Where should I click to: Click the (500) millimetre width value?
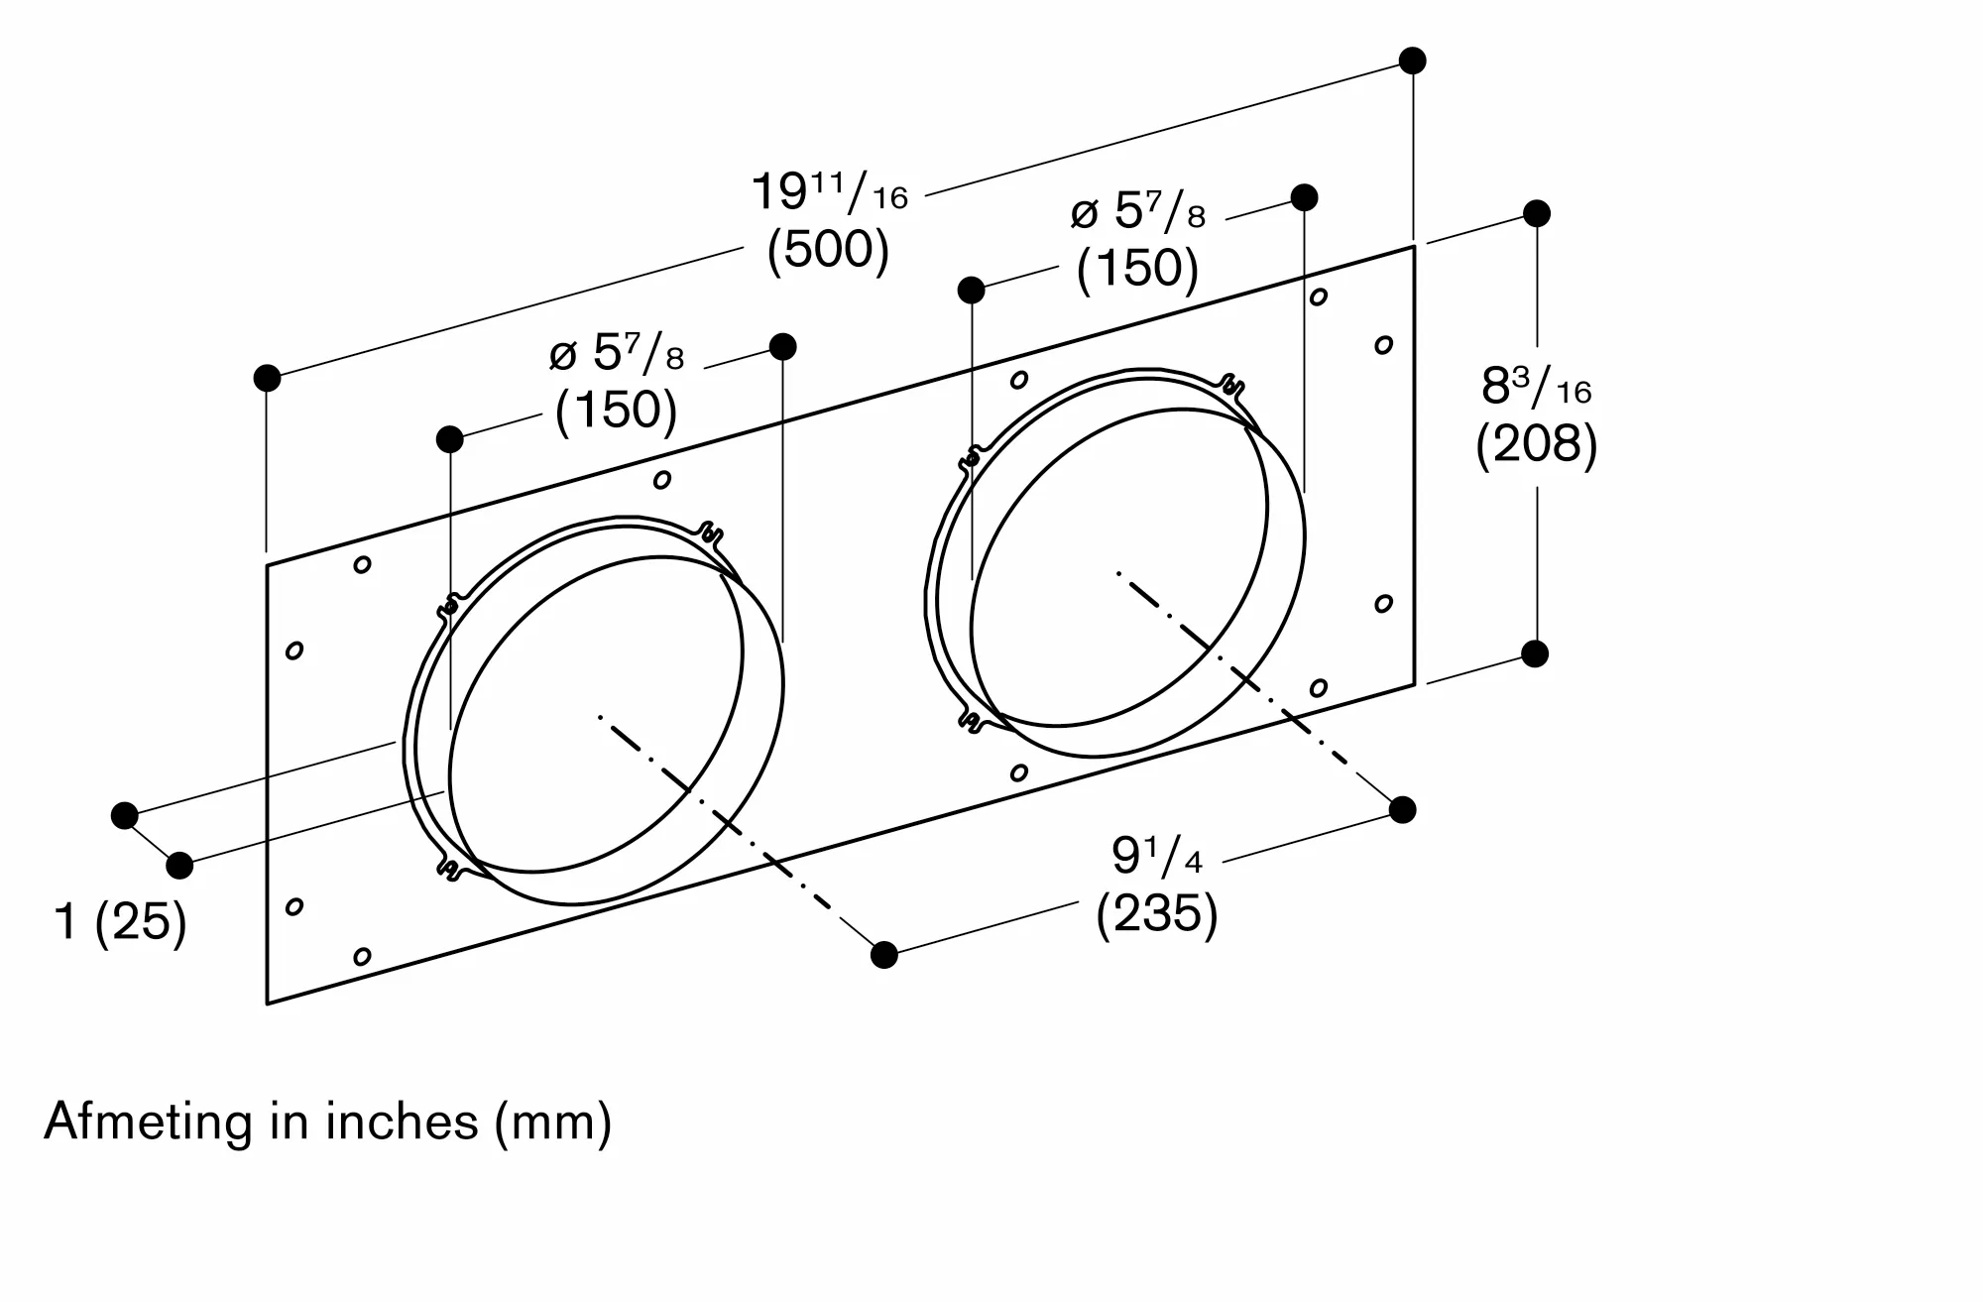pyautogui.click(x=828, y=249)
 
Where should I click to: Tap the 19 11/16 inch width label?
pyautogui.click(x=829, y=191)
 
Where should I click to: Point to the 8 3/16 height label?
pyautogui.click(x=1536, y=386)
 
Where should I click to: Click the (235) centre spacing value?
pyautogui.click(x=1156, y=912)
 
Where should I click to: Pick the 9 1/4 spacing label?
pyautogui.click(x=1156, y=856)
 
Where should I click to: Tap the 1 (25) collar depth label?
pyautogui.click(x=120, y=921)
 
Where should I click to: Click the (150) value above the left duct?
pyautogui.click(x=616, y=409)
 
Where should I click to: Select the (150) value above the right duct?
pyautogui.click(x=1137, y=268)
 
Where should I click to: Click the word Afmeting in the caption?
pyautogui.click(x=148, y=1122)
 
